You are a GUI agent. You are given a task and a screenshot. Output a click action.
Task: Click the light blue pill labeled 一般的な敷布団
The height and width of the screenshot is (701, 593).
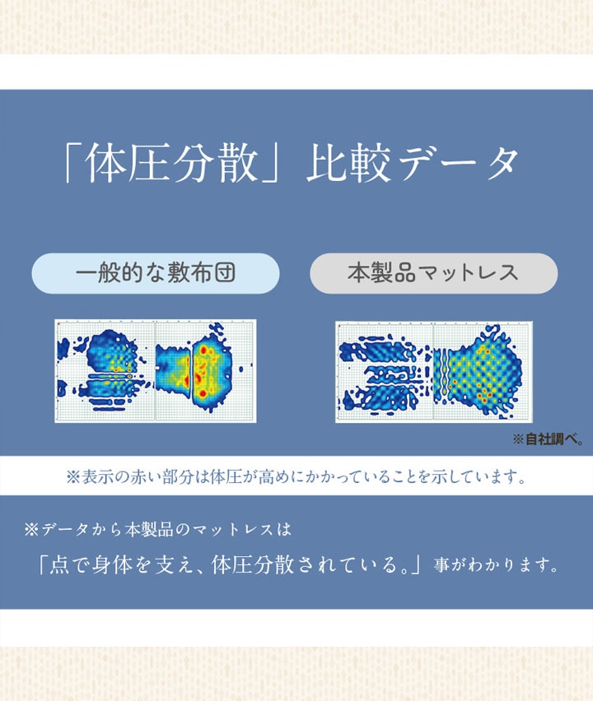[x=156, y=273]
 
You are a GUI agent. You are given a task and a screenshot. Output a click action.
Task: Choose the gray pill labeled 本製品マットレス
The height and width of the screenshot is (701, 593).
[x=434, y=273]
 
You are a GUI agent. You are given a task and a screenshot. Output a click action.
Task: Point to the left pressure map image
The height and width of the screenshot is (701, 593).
[x=156, y=370]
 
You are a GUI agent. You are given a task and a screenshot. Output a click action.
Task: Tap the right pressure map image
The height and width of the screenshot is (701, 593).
[x=434, y=372]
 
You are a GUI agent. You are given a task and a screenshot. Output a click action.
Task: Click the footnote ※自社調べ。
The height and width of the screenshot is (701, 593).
[x=549, y=439]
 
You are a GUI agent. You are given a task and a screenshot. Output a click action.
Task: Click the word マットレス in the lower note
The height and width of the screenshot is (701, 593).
[x=233, y=530]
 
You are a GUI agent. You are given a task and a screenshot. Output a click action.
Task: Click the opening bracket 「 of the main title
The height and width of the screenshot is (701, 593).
[x=72, y=164]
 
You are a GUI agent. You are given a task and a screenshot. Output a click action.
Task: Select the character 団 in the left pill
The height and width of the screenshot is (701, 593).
[x=225, y=272]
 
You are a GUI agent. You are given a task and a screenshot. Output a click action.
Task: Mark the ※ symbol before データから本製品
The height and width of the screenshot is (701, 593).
[x=32, y=530]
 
